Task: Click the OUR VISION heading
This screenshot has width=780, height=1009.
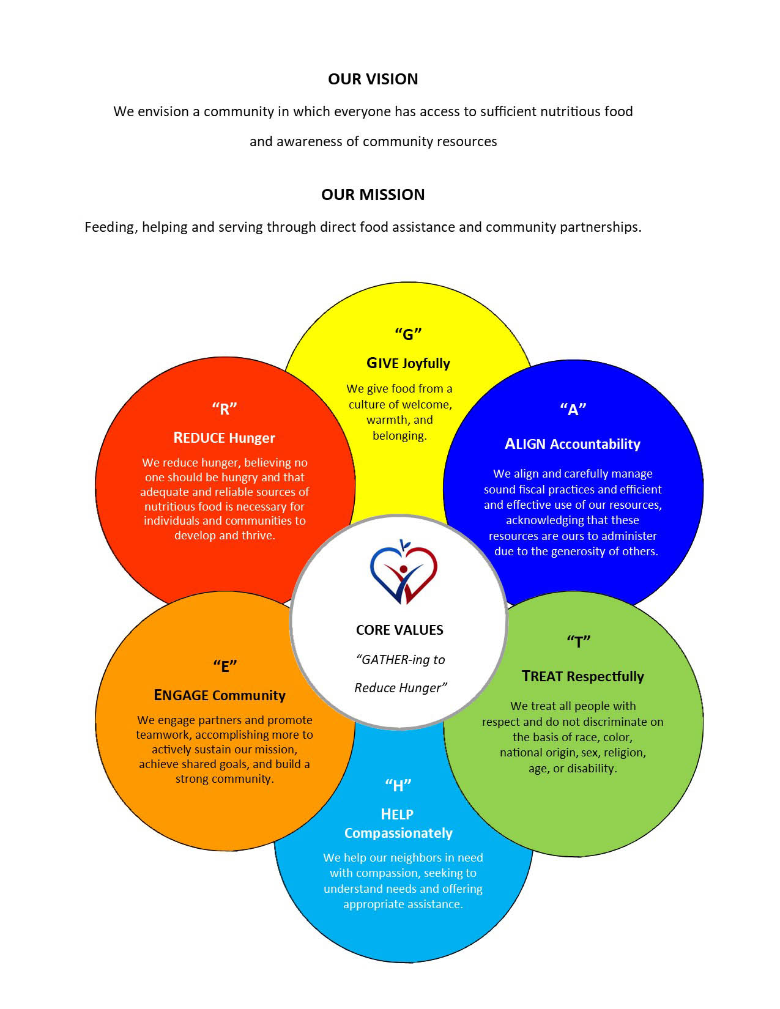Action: point(373,79)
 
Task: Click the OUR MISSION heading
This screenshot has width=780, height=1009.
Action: point(373,194)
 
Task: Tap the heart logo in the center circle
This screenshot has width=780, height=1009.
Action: point(403,572)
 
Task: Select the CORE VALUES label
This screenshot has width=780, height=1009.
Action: point(399,630)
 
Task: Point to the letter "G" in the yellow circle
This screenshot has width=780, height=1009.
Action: point(408,334)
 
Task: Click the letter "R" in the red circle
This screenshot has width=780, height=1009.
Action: point(225,408)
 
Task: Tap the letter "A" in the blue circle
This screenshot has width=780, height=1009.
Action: point(573,409)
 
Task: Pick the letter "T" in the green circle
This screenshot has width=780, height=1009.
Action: point(578,641)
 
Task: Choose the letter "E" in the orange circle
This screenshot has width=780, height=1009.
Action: point(225,667)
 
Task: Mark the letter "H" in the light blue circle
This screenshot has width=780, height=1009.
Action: point(398,785)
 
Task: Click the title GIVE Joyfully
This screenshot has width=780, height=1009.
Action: point(408,363)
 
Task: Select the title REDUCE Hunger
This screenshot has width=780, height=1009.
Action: point(224,437)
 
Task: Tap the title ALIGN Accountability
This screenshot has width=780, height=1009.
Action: point(573,444)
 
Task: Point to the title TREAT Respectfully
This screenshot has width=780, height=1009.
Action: point(582,676)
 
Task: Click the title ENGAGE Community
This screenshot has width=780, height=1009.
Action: point(219,695)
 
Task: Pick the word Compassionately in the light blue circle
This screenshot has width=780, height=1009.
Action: point(398,833)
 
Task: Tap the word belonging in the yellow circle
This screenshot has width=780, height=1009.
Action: point(399,436)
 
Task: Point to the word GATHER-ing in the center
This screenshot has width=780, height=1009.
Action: point(387,660)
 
